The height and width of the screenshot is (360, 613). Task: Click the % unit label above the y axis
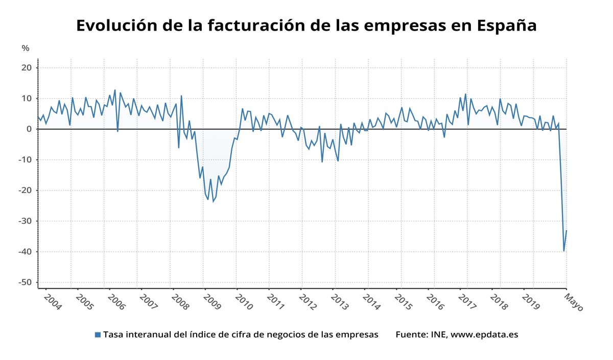click(x=26, y=49)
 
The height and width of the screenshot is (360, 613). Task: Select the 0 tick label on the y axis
click(x=29, y=129)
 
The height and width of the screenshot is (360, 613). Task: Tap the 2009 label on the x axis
click(x=211, y=302)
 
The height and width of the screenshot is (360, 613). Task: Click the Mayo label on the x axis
click(x=573, y=302)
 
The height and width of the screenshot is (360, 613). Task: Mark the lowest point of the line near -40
click(x=564, y=251)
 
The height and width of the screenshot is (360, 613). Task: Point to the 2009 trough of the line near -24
click(x=213, y=202)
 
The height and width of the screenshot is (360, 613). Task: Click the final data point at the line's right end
click(x=567, y=231)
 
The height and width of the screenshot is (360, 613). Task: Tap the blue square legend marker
click(x=98, y=335)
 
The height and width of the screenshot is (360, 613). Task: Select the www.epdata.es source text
click(x=484, y=335)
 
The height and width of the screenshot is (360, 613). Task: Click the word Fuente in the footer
click(x=411, y=335)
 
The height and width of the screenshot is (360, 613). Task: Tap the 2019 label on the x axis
click(x=531, y=302)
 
